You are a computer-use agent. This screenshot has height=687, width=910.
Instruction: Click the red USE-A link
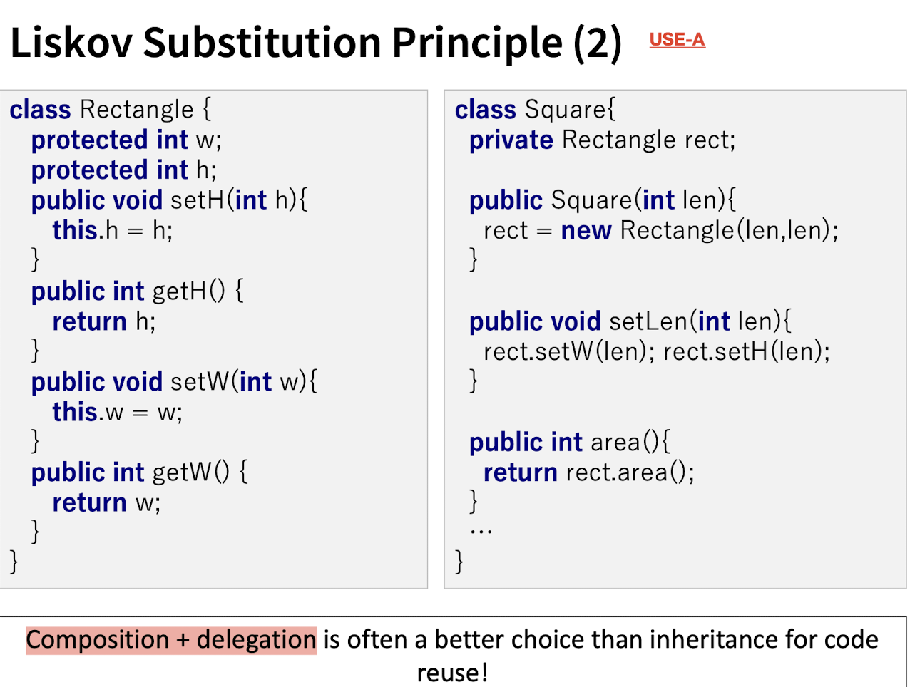(677, 40)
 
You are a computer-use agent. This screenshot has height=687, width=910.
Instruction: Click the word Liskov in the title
(71, 43)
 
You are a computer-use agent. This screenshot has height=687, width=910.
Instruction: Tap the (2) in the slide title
(598, 43)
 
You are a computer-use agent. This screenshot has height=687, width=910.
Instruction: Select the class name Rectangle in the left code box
(137, 110)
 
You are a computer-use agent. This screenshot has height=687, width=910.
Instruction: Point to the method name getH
(179, 291)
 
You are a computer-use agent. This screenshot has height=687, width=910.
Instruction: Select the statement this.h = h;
(113, 230)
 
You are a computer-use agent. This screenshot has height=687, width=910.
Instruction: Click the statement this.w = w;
(118, 412)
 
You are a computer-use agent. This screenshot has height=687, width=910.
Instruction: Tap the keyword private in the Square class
(511, 140)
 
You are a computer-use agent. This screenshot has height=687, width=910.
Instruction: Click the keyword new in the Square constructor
(586, 231)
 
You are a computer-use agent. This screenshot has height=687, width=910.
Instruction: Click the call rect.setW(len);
(569, 352)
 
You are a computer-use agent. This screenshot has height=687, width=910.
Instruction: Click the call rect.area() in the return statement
(626, 473)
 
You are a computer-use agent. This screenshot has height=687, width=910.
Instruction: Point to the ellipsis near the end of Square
(481, 531)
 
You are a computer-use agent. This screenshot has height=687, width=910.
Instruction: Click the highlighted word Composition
(98, 640)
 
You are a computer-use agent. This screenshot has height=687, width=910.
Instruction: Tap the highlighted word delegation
(256, 640)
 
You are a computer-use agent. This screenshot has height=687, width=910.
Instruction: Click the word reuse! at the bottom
(452, 673)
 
